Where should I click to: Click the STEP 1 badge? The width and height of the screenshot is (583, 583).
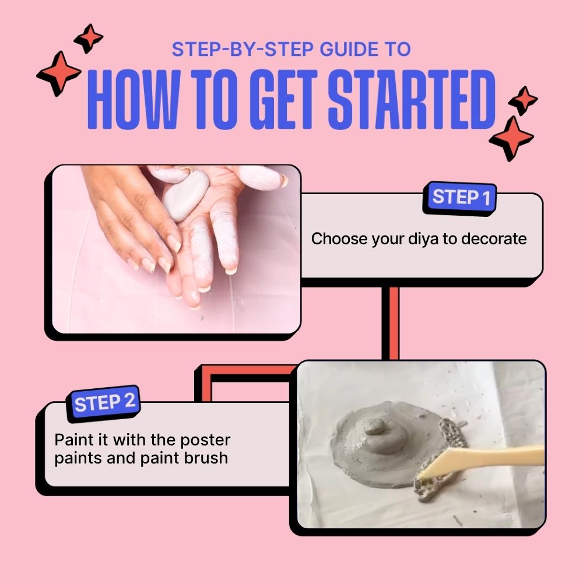point(461,198)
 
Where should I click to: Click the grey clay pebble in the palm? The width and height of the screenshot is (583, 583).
point(185,195)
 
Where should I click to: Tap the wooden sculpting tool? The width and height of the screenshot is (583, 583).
point(484,458)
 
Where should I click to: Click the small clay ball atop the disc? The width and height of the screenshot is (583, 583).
point(375,426)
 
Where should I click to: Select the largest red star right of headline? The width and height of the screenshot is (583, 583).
point(511,138)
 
